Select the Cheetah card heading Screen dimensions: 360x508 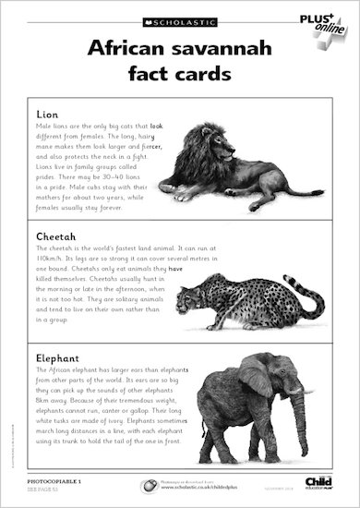tap(52, 236)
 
